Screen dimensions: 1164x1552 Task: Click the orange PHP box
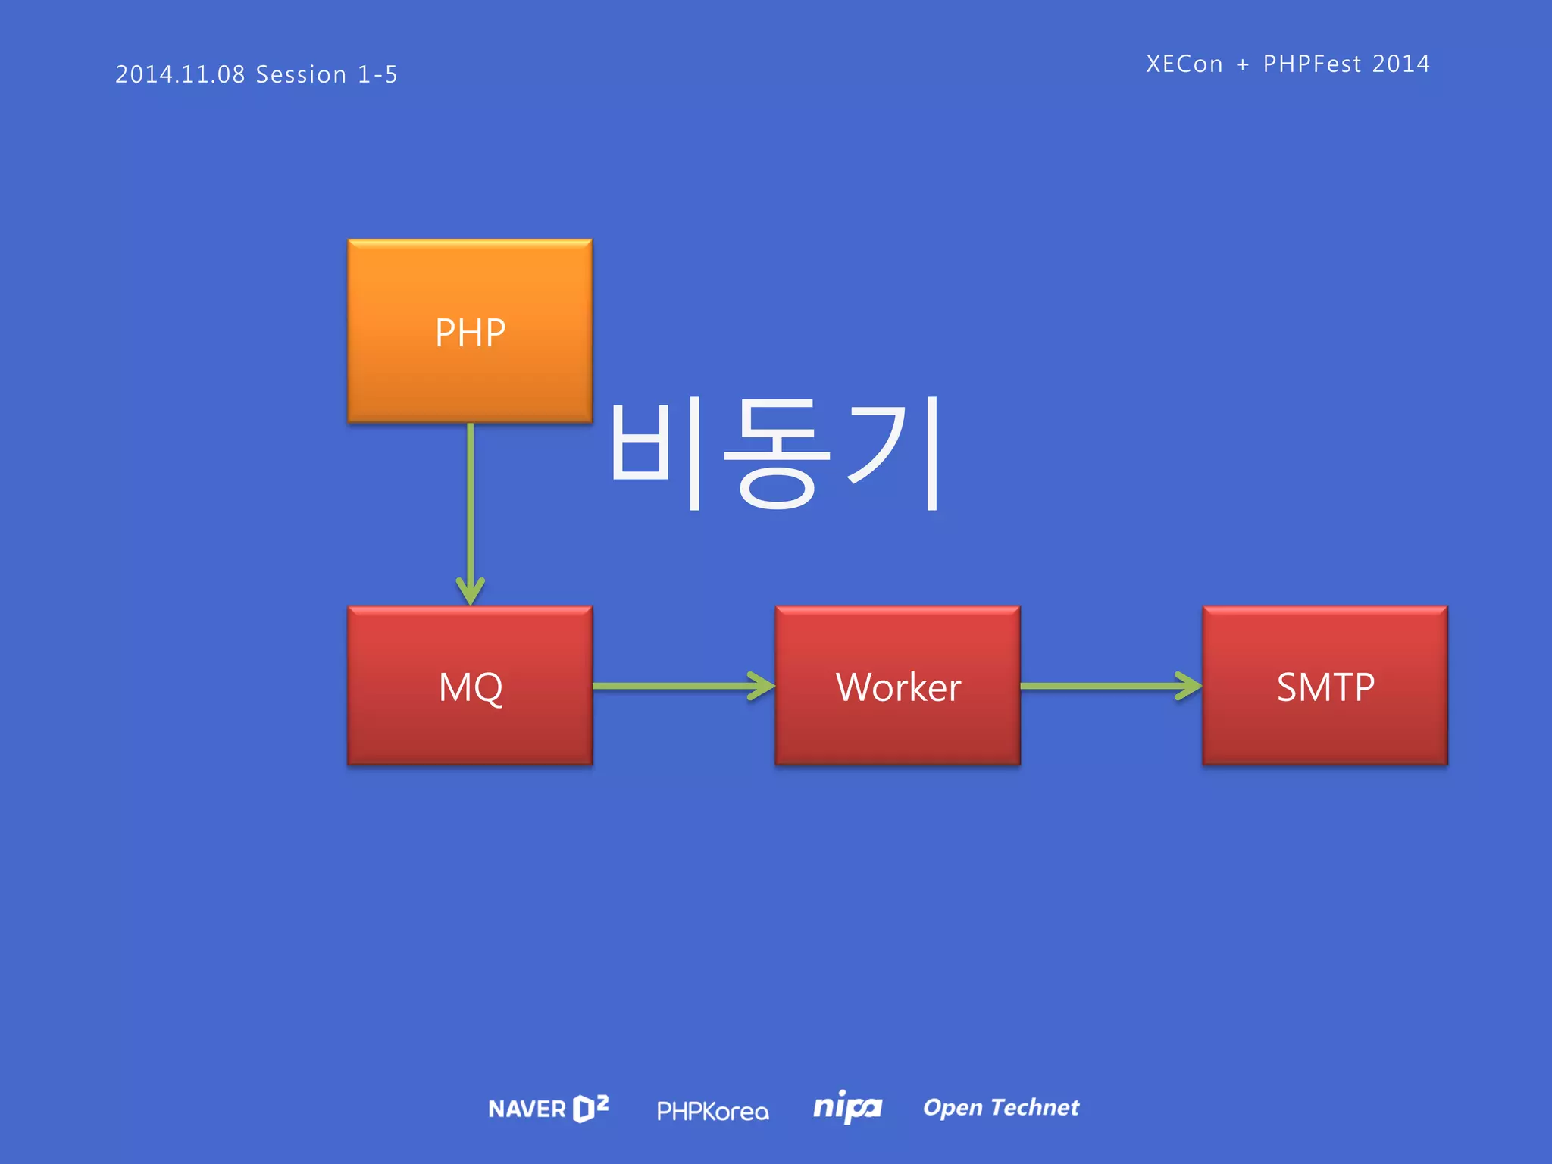click(470, 331)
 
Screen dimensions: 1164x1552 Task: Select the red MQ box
click(470, 686)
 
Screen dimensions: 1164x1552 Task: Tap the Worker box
click(897, 686)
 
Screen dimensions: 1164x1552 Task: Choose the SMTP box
click(1325, 686)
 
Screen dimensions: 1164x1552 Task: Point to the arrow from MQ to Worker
click(682, 686)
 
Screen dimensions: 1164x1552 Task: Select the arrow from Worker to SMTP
click(1110, 686)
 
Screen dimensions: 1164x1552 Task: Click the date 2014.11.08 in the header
click(180, 74)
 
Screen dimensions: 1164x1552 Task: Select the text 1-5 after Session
click(377, 74)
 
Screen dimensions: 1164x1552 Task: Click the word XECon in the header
click(1184, 64)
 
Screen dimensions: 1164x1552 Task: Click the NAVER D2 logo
click(549, 1109)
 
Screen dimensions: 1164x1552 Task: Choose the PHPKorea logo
click(712, 1111)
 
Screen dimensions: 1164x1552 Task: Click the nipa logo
click(847, 1108)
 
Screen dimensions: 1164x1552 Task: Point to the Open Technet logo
click(1000, 1108)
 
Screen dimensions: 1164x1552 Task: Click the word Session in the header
click(301, 74)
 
